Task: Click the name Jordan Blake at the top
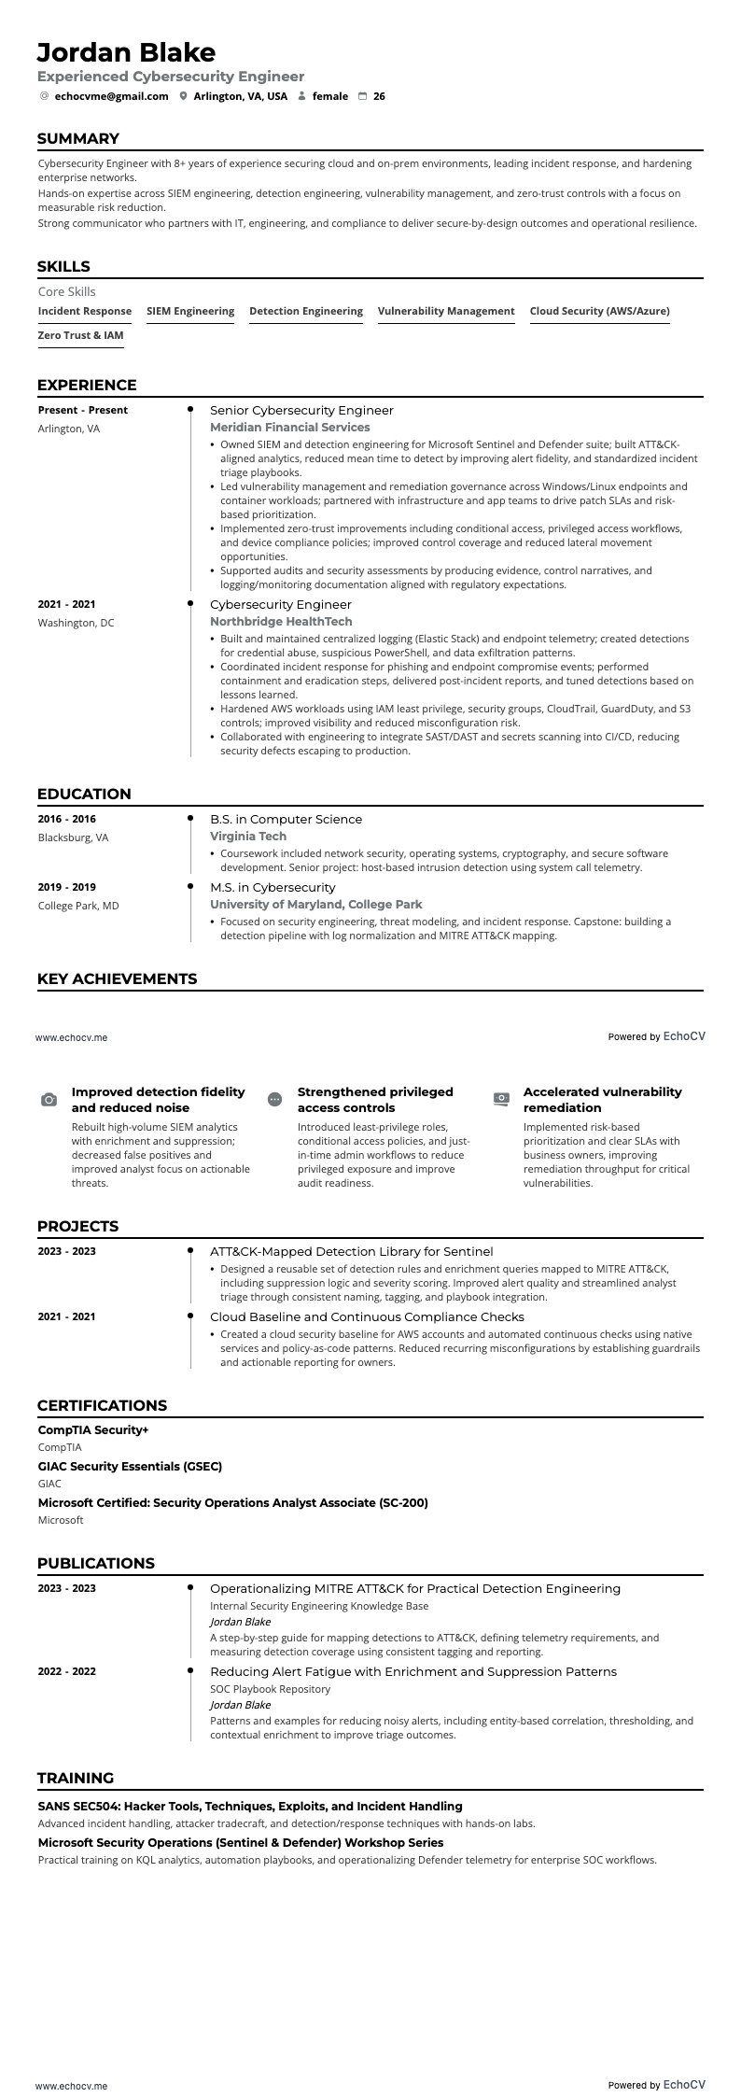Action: click(x=126, y=52)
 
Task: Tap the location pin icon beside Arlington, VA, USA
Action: click(x=183, y=96)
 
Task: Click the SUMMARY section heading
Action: click(x=78, y=139)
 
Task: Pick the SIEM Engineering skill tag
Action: click(x=190, y=311)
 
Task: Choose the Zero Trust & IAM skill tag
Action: click(x=80, y=335)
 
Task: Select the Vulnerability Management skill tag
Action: click(x=446, y=311)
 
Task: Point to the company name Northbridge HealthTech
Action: click(x=281, y=622)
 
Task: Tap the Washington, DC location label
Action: click(x=76, y=623)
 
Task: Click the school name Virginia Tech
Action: click(x=248, y=837)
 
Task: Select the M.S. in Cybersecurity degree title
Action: click(x=273, y=887)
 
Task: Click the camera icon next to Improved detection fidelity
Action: click(x=49, y=1100)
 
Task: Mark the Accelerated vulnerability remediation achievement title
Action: click(x=602, y=1100)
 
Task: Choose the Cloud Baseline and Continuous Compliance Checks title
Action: click(x=367, y=1316)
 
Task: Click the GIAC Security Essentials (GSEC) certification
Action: click(x=130, y=1467)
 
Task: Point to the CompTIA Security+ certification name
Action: click(x=93, y=1430)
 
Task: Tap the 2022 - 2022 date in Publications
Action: click(x=67, y=1671)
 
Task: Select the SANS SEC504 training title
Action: click(x=250, y=1807)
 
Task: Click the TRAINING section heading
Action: click(x=76, y=1779)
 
